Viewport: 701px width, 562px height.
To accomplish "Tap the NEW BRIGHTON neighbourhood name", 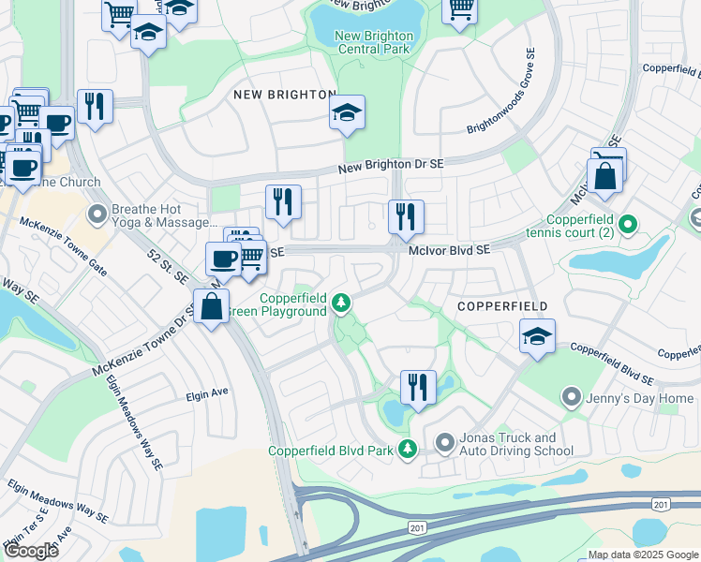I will click(x=284, y=95).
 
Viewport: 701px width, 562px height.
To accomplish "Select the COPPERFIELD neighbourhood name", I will click(x=501, y=306).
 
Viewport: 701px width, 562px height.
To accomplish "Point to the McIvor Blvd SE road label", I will click(x=449, y=250).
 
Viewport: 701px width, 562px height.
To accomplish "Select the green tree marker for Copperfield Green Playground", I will click(x=342, y=302).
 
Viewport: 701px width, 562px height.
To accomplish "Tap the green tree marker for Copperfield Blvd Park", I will click(x=408, y=450).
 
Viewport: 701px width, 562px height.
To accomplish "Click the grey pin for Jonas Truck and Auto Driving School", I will click(x=444, y=440).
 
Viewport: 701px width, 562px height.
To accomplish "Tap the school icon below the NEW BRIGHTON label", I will click(x=347, y=115).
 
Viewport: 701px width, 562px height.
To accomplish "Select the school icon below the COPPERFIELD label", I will click(x=537, y=338).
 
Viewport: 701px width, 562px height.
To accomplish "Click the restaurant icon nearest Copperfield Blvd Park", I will click(x=418, y=386).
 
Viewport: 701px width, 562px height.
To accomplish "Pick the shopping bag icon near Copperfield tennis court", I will click(x=604, y=177).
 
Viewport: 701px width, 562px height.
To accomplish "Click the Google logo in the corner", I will click(x=31, y=551).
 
